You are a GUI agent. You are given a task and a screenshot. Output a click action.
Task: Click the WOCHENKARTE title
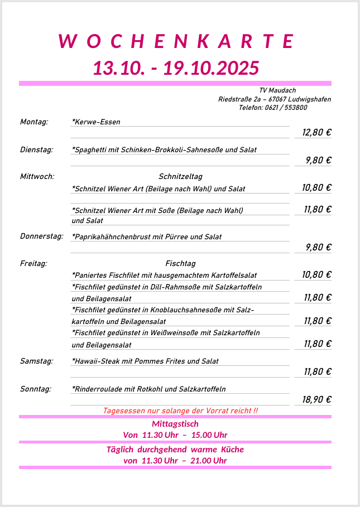click(x=176, y=41)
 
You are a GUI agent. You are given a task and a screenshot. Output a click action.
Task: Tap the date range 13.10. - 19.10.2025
click(x=176, y=68)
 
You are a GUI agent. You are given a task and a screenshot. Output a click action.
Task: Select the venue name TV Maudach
click(x=277, y=90)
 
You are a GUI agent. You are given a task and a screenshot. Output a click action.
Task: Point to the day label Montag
click(x=34, y=122)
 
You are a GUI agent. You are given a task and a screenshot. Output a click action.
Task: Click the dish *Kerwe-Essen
click(x=96, y=122)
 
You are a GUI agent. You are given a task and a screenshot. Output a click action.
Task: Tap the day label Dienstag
click(x=37, y=149)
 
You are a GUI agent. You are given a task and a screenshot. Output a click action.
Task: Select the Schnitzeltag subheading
click(x=180, y=177)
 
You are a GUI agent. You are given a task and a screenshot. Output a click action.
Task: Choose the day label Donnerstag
click(x=42, y=236)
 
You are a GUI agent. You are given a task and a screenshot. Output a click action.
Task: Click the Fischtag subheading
click(x=180, y=263)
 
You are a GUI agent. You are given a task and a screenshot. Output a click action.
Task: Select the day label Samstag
click(x=37, y=361)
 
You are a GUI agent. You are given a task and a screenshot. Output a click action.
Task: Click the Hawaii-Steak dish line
click(x=145, y=361)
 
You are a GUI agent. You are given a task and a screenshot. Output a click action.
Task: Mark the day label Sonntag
click(x=36, y=389)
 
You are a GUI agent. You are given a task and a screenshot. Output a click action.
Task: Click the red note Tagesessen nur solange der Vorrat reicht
click(x=180, y=411)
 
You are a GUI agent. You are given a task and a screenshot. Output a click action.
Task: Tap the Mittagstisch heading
click(x=175, y=424)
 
